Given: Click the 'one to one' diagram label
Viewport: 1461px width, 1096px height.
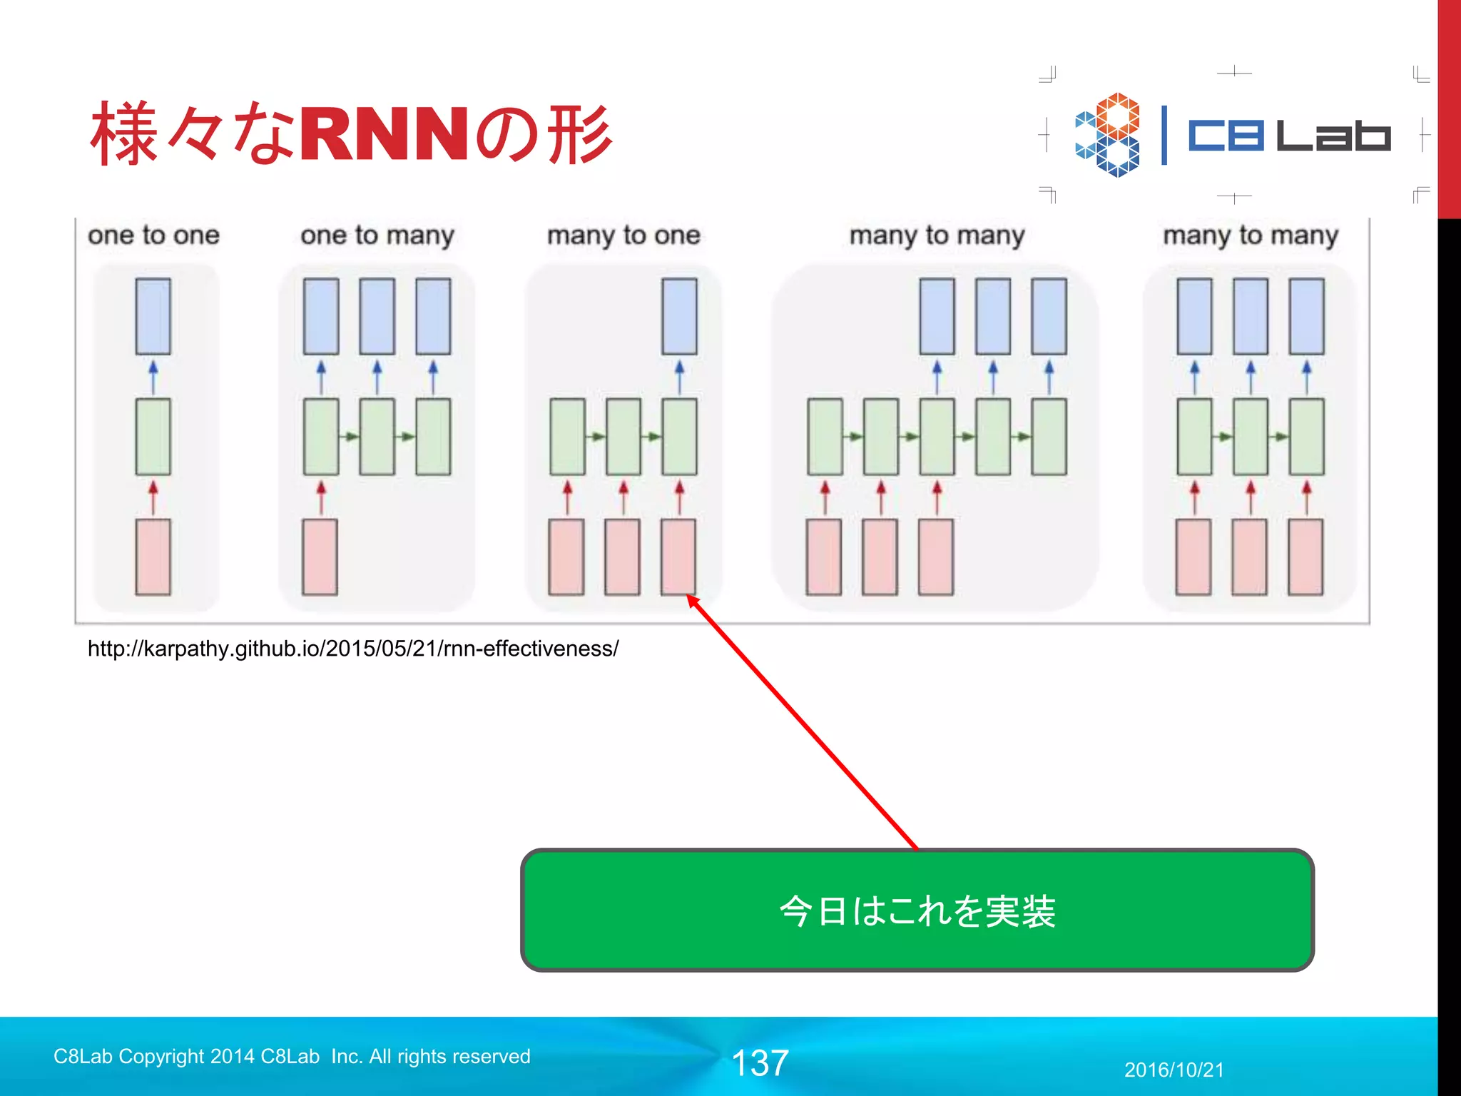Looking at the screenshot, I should point(153,235).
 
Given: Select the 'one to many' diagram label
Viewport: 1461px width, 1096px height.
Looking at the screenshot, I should point(377,235).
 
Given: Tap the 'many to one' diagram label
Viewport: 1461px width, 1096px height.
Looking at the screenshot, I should point(623,235).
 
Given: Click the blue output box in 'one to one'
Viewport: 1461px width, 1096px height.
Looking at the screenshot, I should point(153,316).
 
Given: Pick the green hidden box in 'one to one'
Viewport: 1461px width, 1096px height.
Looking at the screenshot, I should point(153,437).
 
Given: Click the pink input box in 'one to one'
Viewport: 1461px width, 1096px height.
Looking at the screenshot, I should point(153,557).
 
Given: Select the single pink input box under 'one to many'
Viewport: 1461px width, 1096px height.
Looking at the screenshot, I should point(320,557).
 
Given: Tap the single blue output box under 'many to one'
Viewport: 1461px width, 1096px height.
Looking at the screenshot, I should point(679,316).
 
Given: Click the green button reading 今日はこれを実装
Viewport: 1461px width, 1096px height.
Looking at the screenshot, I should point(917,910).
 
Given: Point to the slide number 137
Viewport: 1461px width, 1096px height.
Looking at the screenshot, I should point(760,1063).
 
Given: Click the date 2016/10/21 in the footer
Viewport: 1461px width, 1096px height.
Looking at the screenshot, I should point(1174,1070).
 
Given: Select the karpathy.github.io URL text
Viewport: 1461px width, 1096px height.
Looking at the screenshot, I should point(353,649).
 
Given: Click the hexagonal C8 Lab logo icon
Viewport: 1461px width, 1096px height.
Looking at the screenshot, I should point(1108,135).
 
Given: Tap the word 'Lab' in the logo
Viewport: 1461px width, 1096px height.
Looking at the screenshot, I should point(1333,135).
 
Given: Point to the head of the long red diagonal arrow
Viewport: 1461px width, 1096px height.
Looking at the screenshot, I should point(691,599).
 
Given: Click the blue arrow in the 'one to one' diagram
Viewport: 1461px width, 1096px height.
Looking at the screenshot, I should point(153,377).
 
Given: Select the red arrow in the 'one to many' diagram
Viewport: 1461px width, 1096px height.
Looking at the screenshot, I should point(321,497).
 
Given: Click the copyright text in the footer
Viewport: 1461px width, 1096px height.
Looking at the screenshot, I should point(292,1056).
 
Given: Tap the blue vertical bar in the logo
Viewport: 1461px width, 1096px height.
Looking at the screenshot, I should point(1164,135).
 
